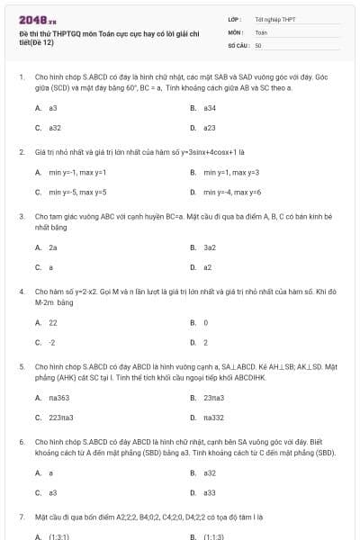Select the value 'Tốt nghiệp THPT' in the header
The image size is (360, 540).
tap(270, 18)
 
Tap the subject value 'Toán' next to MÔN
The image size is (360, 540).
tap(261, 31)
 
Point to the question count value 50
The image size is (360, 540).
tap(258, 44)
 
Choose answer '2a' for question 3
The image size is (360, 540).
tap(53, 247)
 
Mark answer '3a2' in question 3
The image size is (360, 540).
tap(210, 247)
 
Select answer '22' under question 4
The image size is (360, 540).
tap(53, 321)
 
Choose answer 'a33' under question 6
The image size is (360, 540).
tap(210, 492)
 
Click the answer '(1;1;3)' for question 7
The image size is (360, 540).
tap(214, 536)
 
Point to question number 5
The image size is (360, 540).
tap(21, 367)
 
